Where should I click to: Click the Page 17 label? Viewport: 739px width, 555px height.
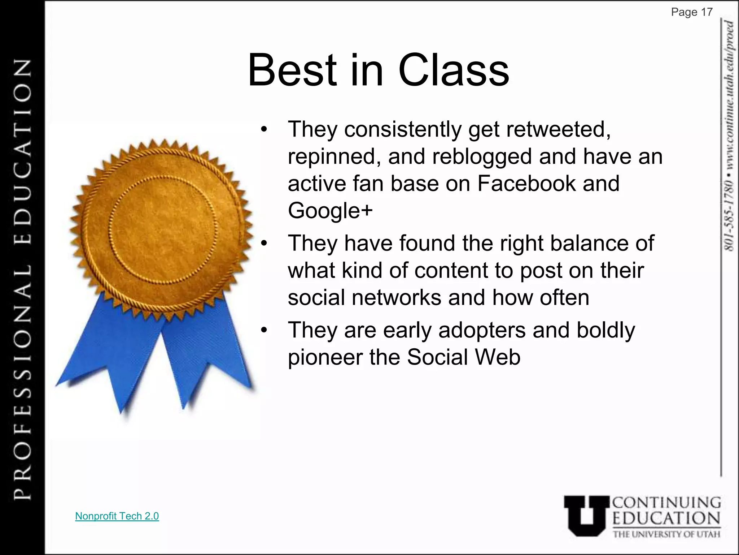(x=691, y=12)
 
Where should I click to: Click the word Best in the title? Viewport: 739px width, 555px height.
(x=292, y=70)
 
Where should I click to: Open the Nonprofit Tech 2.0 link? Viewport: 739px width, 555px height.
(x=117, y=516)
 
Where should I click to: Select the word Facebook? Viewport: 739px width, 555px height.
(x=526, y=183)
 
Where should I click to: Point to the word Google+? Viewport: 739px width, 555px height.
(x=330, y=211)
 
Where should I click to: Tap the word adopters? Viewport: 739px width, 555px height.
(x=482, y=330)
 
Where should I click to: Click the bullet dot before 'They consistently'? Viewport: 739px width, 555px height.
(x=264, y=130)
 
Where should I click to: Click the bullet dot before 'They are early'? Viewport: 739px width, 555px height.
(x=264, y=330)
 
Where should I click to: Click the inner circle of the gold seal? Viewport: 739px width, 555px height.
(x=163, y=229)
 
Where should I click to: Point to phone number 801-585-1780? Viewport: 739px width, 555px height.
(x=729, y=214)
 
